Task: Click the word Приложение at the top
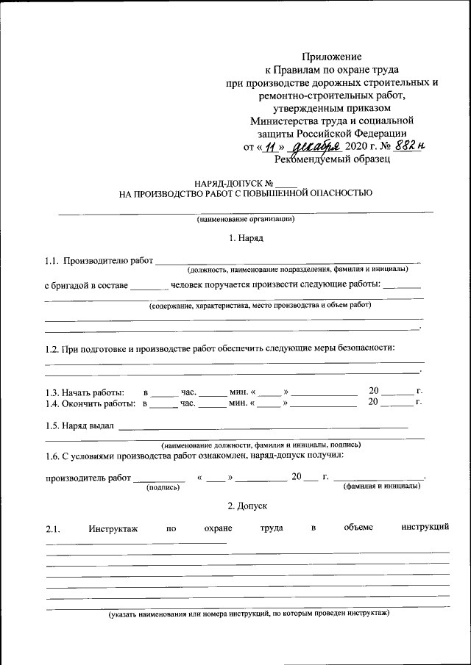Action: pyautogui.click(x=333, y=57)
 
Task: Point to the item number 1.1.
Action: pyautogui.click(x=51, y=260)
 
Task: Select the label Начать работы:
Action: pyautogui.click(x=85, y=392)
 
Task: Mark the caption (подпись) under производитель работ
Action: pyautogui.click(x=163, y=486)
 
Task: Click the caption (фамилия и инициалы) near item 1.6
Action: pyautogui.click(x=382, y=486)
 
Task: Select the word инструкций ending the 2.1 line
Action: pyautogui.click(x=425, y=527)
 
